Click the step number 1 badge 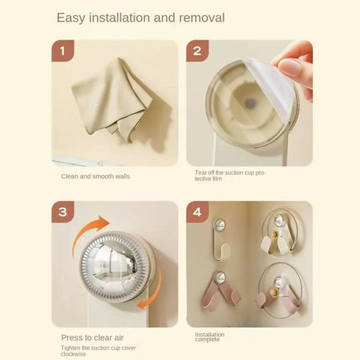pyautogui.click(x=63, y=51)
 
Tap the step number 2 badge pyautogui.click(x=198, y=51)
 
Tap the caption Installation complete pyautogui.click(x=209, y=337)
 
